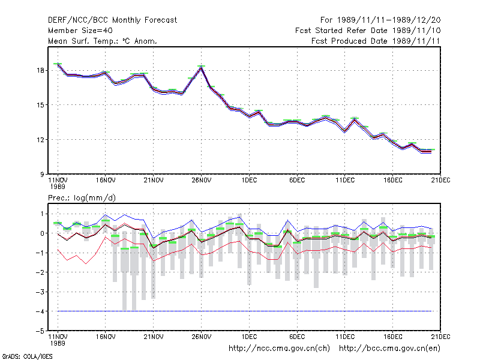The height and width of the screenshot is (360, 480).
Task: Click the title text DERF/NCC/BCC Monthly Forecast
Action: (x=112, y=20)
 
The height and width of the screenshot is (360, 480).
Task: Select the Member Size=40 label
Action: (x=80, y=31)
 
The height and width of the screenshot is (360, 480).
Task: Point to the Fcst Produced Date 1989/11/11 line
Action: (x=376, y=41)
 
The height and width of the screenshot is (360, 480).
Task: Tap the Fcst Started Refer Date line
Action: (x=368, y=31)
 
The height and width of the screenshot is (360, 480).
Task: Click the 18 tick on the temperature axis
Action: (x=41, y=70)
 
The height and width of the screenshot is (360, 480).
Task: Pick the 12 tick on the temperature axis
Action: (x=41, y=140)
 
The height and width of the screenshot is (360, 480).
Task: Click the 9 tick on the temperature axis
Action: (x=42, y=175)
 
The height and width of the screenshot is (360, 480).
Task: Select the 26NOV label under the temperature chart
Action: (x=202, y=181)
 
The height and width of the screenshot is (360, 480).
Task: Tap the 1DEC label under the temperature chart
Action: (x=249, y=181)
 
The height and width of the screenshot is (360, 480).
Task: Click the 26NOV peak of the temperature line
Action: (x=201, y=67)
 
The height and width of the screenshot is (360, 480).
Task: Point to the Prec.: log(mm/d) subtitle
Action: (x=82, y=198)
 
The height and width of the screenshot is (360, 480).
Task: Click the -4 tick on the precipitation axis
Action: (x=40, y=311)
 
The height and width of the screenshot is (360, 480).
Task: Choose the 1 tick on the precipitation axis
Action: (x=42, y=214)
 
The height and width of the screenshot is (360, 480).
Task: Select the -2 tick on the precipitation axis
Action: (x=40, y=272)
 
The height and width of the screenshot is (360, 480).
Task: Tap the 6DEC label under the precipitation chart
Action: (x=297, y=337)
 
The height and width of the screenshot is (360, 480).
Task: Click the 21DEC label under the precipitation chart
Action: (x=440, y=337)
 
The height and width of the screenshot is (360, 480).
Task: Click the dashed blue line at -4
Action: (x=245, y=311)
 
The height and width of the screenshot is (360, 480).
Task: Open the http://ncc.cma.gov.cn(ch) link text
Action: (x=279, y=349)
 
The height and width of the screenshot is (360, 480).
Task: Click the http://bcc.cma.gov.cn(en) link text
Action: (x=389, y=349)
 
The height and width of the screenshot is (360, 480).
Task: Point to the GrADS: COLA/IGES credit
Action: (x=27, y=356)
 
